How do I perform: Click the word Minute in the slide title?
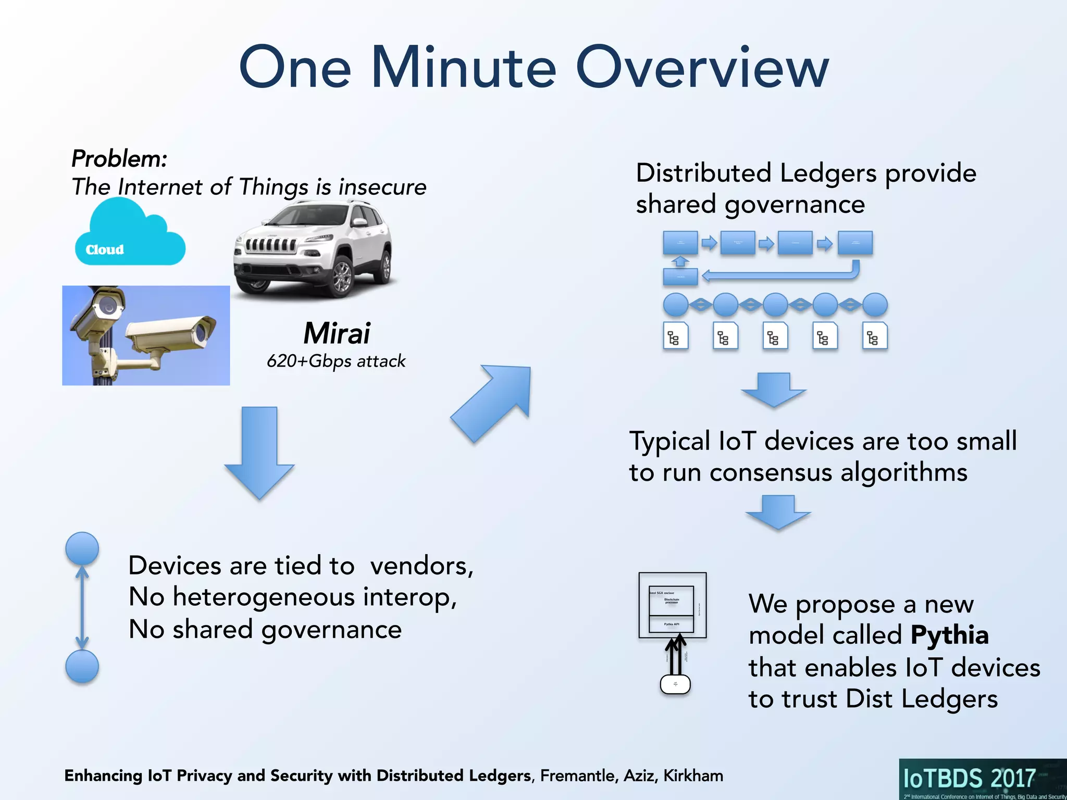click(x=464, y=68)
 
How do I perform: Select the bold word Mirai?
click(x=337, y=333)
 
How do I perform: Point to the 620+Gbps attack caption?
click(x=336, y=361)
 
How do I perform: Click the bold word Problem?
click(x=119, y=158)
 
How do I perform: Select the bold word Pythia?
click(x=949, y=635)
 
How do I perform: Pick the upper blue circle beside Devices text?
click(x=82, y=548)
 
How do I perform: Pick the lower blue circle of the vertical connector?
click(x=82, y=666)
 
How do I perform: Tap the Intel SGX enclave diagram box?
click(x=672, y=605)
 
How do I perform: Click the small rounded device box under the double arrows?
click(x=675, y=684)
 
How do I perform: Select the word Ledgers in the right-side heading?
click(x=828, y=173)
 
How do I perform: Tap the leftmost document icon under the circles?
click(x=676, y=336)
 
